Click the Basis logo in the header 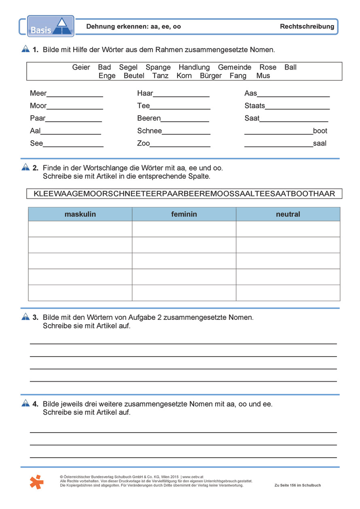51,26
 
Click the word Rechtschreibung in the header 307,27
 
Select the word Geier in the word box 81,68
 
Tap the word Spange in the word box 158,68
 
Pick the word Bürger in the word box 211,76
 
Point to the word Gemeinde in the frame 235,68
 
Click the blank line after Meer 75,95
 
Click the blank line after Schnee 186,132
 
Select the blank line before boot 278,132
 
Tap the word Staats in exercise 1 255,106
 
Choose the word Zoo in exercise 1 144,144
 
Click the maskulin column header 80,214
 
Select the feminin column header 184,214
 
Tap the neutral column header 288,214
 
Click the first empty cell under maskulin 80,229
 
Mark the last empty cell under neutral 288,293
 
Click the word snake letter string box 184,194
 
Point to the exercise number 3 36,317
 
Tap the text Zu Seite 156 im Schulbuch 297,485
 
